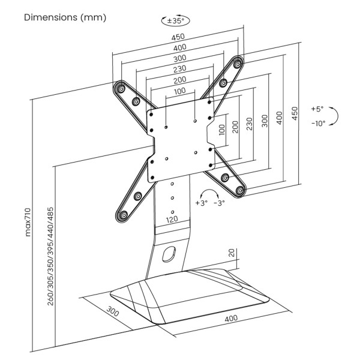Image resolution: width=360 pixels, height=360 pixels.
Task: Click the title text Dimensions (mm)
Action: [x=65, y=17]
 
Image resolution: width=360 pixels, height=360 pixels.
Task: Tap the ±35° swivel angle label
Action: [x=175, y=21]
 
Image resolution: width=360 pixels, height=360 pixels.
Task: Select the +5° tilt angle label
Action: [x=317, y=109]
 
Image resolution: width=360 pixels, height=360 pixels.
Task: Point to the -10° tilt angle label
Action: [x=317, y=123]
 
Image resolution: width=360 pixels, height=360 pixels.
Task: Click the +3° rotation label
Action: [x=201, y=203]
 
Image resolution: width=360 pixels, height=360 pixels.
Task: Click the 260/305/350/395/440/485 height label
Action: [x=50, y=256]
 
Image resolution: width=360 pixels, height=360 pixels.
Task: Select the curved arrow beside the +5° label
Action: [x=336, y=116]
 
